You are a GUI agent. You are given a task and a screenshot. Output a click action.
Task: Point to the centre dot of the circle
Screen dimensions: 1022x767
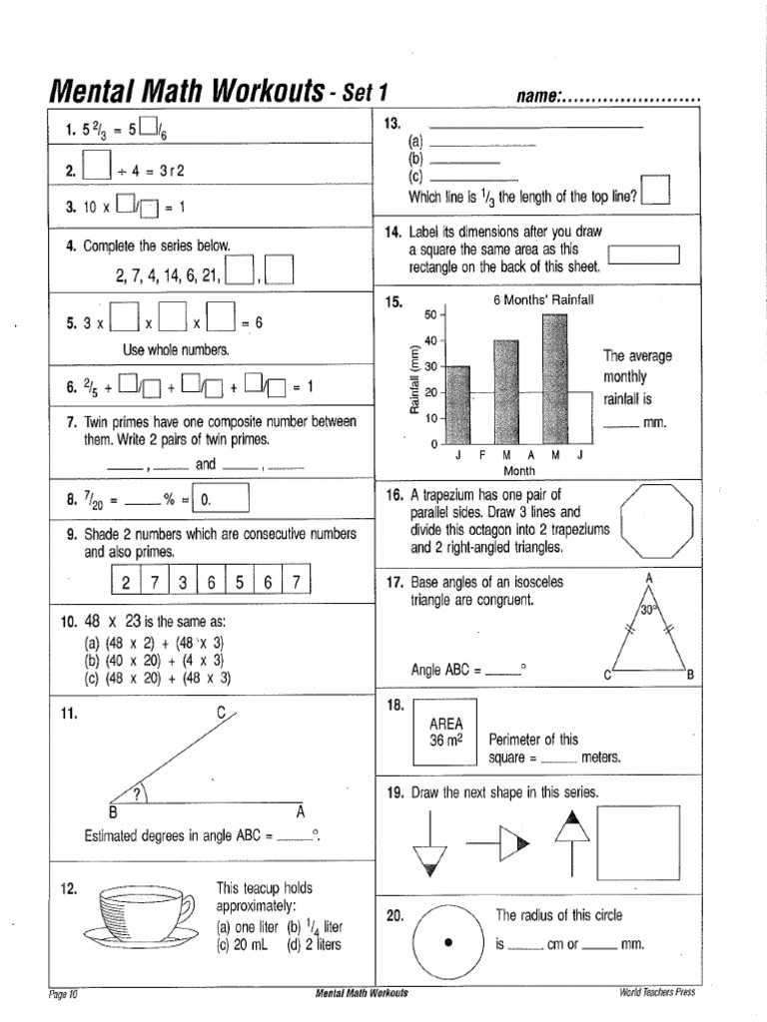click(x=448, y=942)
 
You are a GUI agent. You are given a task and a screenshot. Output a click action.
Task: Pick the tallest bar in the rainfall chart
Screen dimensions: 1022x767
click(x=554, y=378)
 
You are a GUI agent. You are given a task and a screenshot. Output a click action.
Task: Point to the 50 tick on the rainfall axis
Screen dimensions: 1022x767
click(x=431, y=314)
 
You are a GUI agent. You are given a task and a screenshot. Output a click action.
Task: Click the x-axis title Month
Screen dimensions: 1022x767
click(x=519, y=470)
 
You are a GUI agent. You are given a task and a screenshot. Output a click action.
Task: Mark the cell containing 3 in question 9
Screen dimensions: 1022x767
click(x=183, y=583)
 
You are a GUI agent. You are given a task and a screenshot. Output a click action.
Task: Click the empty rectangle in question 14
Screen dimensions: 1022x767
click(x=643, y=255)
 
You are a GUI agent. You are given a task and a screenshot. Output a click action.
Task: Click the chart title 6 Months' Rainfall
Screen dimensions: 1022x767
click(x=543, y=299)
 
